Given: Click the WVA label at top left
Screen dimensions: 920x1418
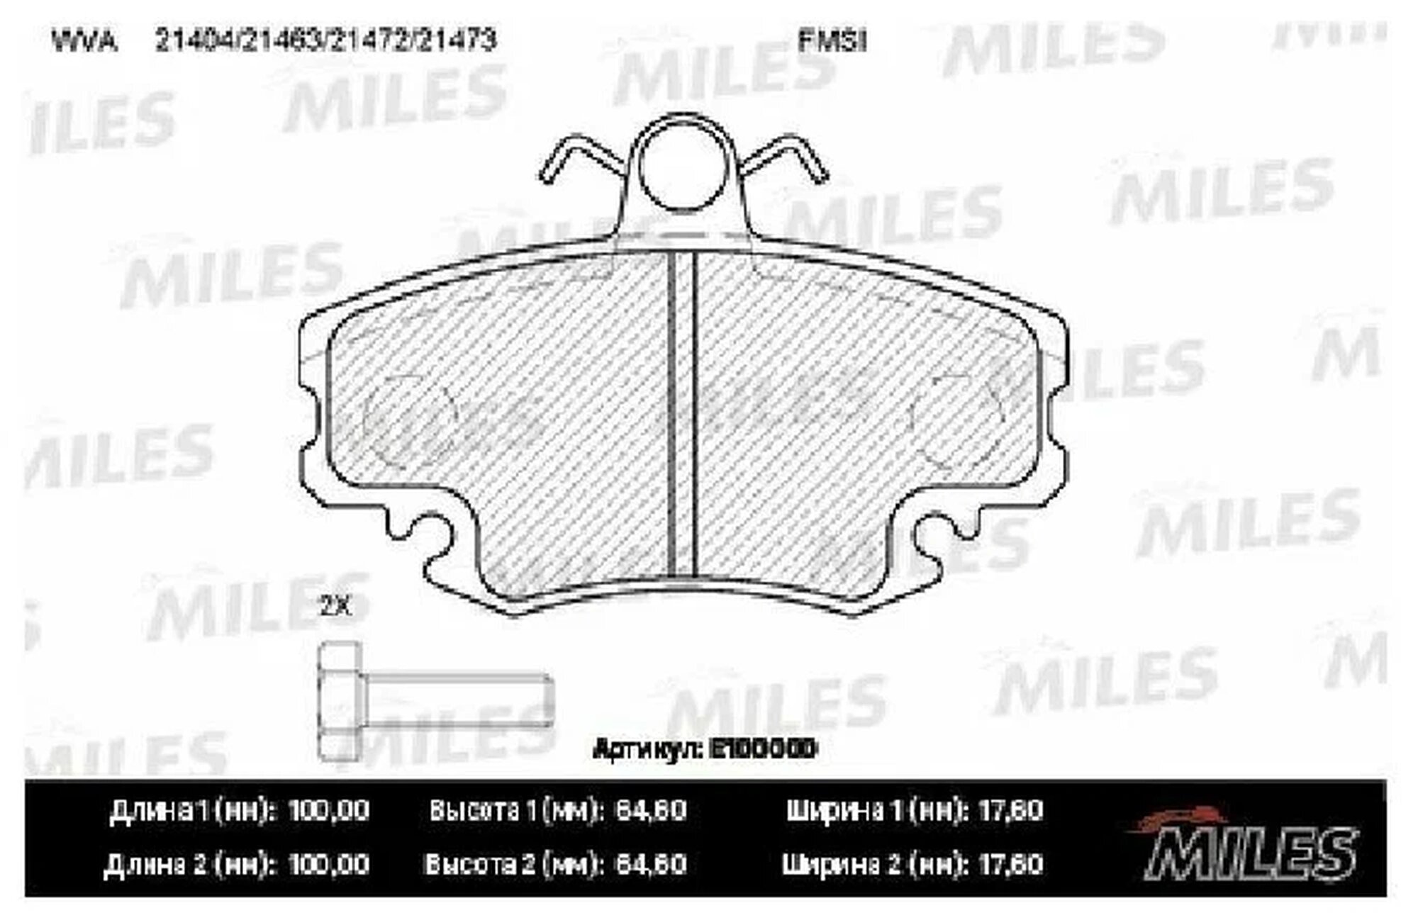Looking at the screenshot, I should click(x=83, y=42).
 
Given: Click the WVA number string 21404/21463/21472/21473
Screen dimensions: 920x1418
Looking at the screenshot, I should click(x=325, y=41).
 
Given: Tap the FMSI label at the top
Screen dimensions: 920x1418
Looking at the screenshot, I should click(x=832, y=41).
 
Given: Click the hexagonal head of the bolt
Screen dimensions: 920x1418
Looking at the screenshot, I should click(x=340, y=701).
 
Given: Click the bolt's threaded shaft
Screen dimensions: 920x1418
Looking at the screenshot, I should click(x=457, y=700).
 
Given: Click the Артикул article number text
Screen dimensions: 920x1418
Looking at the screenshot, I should click(x=705, y=748).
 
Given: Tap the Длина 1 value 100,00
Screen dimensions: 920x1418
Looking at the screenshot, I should click(x=328, y=810).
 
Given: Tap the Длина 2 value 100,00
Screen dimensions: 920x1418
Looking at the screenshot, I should click(x=328, y=864).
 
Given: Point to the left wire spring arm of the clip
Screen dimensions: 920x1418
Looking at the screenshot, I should click(x=578, y=157).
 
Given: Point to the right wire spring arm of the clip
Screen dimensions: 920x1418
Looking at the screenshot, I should click(x=787, y=157).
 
